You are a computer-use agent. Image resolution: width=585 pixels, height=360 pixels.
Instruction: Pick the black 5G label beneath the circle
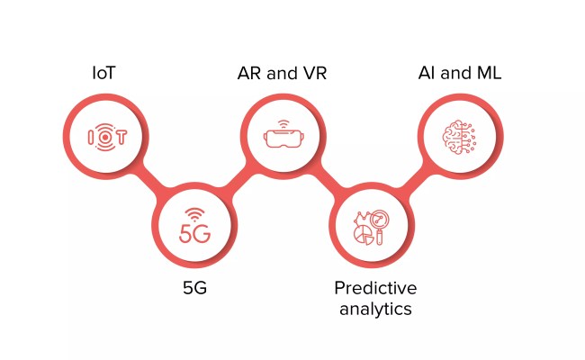(195, 290)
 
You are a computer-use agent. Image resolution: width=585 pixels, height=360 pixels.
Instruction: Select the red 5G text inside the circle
(194, 234)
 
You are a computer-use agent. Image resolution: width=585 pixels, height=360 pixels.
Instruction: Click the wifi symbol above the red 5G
(195, 212)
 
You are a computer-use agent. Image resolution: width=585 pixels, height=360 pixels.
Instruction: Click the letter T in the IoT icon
(120, 137)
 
